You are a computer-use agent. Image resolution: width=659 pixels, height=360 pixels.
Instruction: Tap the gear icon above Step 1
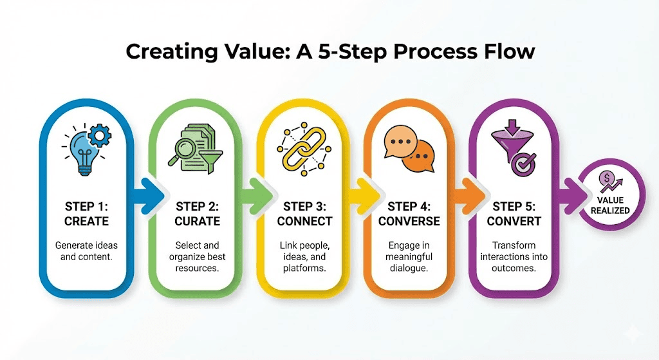(x=99, y=137)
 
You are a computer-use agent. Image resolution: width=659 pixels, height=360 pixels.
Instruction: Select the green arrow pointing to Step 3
(x=255, y=193)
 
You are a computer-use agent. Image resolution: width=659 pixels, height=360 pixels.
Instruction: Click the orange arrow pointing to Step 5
(x=470, y=193)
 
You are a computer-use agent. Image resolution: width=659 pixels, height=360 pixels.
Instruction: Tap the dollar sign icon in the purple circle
(x=606, y=178)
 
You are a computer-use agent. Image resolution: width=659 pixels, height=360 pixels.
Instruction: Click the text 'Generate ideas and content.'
(x=86, y=252)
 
